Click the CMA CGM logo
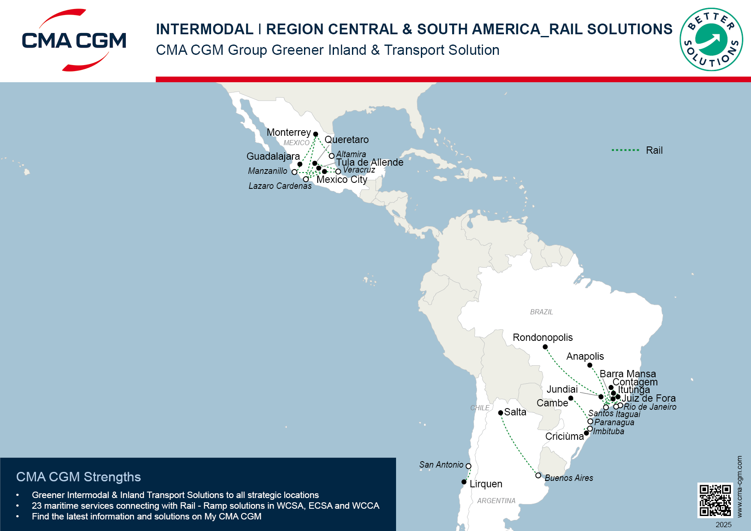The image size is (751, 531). click(x=74, y=40)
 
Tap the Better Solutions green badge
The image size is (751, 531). click(x=711, y=39)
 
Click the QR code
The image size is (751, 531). click(x=715, y=500)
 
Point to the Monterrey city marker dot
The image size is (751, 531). click(x=316, y=134)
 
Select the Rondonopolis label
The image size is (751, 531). click(x=542, y=337)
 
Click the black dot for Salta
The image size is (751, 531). click(x=501, y=413)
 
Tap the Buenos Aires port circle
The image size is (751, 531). click(x=538, y=475)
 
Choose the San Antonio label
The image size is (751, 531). click(x=441, y=465)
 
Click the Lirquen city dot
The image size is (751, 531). click(x=464, y=482)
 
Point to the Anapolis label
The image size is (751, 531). click(x=585, y=356)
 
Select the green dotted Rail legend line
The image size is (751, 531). click(x=625, y=150)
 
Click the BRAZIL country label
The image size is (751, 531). click(x=541, y=312)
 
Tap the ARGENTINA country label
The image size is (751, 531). click(x=496, y=501)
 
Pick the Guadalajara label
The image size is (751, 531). click(x=273, y=156)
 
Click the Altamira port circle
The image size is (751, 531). click(x=331, y=156)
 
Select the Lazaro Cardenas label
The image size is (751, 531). click(x=280, y=186)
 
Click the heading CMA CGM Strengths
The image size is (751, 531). click(x=78, y=477)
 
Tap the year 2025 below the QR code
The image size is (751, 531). click(x=724, y=525)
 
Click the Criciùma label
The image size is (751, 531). click(x=564, y=436)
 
